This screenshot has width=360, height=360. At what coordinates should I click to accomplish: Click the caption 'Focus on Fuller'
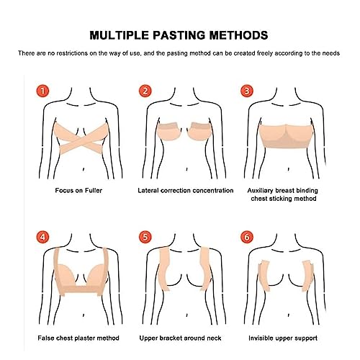(x=74, y=191)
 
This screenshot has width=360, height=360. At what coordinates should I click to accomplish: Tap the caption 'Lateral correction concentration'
(x=186, y=191)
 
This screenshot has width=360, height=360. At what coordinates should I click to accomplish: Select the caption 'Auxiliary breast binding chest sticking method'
(x=289, y=194)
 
